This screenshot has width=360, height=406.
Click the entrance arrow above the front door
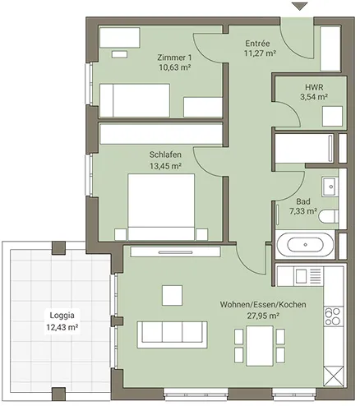click(299, 7)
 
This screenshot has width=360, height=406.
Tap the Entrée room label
click(257, 44)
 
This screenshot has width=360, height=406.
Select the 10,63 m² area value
click(175, 67)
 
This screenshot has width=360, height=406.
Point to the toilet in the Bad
click(329, 215)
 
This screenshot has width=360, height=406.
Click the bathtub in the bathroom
click(305, 245)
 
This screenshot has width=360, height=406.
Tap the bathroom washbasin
click(330, 187)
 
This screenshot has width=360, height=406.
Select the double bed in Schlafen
click(161, 207)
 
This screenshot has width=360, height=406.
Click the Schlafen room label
click(165, 155)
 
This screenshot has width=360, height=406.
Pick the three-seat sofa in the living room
click(172, 334)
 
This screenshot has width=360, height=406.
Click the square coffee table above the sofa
click(172, 295)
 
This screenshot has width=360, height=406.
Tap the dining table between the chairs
click(260, 346)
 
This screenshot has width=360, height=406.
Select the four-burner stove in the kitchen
click(333, 316)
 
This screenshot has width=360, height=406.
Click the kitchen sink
click(301, 275)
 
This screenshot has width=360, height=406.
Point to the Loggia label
click(62, 316)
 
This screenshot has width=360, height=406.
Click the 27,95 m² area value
click(263, 316)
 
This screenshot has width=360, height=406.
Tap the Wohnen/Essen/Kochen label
click(263, 304)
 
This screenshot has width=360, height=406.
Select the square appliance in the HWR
click(332, 116)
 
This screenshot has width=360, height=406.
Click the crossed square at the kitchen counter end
click(333, 376)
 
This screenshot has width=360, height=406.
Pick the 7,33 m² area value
click(303, 211)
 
